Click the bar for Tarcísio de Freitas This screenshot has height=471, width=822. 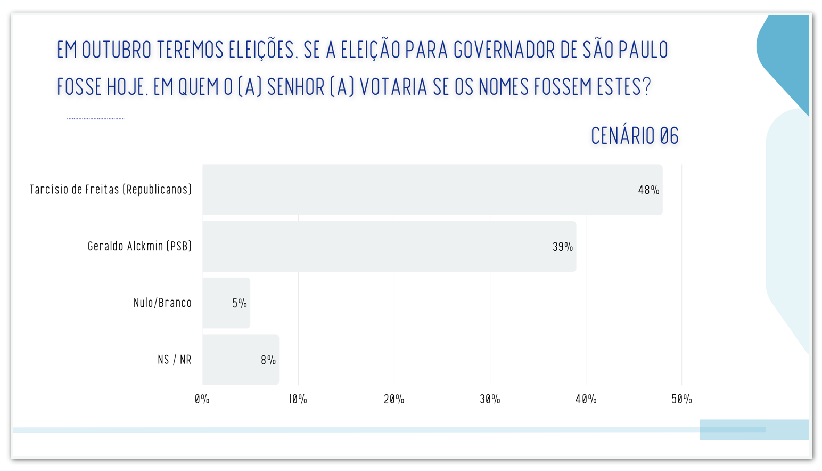pos(432,190)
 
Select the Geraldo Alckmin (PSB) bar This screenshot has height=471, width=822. pos(389,247)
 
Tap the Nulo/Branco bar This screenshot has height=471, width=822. pos(226,303)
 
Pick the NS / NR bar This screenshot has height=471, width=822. pos(241,360)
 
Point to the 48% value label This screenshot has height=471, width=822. pos(648,190)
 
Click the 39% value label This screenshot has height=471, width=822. pos(563,247)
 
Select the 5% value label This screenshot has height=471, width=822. pos(240,304)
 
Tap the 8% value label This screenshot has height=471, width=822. pos(268,361)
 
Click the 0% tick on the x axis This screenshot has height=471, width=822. pos(202,399)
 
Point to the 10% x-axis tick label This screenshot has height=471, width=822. pos(298,399)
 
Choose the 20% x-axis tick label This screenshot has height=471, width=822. pos(394,399)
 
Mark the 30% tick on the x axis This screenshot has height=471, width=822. pos(490,399)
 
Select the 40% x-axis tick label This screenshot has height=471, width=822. pos(586,399)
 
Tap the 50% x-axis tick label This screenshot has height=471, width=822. pos(681,399)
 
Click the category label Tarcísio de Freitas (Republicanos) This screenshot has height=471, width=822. pos(111,190)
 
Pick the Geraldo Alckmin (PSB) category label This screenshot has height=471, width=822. pos(139,246)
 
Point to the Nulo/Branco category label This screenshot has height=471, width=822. pos(162,303)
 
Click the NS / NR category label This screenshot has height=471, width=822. pos(174,360)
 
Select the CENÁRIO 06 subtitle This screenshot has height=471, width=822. pos(635,136)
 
